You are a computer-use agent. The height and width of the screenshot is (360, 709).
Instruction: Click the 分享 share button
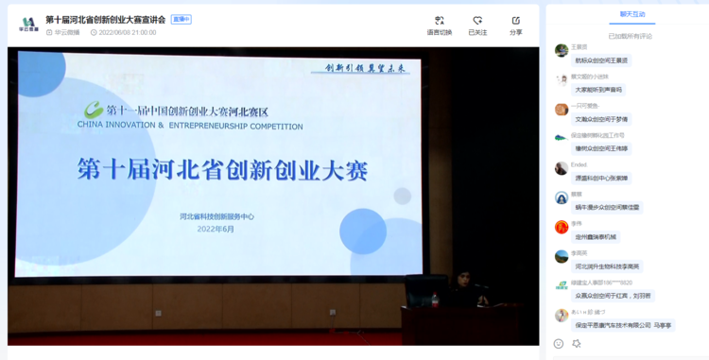pyautogui.click(x=515, y=26)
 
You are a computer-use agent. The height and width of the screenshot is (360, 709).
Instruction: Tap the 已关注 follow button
pyautogui.click(x=477, y=26)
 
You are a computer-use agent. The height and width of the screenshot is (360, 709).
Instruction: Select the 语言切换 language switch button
pyautogui.click(x=440, y=26)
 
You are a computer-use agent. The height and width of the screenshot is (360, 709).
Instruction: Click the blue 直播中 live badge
pyautogui.click(x=181, y=20)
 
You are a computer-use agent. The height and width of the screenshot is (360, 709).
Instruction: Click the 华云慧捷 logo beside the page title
pyautogui.click(x=28, y=24)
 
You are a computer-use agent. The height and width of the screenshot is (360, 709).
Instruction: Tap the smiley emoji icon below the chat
pyautogui.click(x=559, y=344)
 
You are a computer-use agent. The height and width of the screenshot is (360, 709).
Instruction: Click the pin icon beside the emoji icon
pyautogui.click(x=577, y=344)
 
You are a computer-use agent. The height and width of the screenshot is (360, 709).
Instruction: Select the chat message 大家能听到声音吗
pyautogui.click(x=599, y=90)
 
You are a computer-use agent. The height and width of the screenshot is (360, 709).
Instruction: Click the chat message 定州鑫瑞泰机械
pyautogui.click(x=596, y=236)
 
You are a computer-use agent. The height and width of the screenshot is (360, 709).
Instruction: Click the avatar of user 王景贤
pyautogui.click(x=562, y=51)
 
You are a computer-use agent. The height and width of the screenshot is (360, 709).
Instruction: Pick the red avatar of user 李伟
pyautogui.click(x=562, y=227)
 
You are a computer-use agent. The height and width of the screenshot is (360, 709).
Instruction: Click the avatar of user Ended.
pyautogui.click(x=562, y=168)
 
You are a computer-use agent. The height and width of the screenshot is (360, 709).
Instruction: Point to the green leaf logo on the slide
pyautogui.click(x=94, y=110)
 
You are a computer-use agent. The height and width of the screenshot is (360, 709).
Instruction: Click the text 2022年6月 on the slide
pyautogui.click(x=216, y=229)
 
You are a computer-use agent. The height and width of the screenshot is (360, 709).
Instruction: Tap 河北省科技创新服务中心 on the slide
pyautogui.click(x=216, y=216)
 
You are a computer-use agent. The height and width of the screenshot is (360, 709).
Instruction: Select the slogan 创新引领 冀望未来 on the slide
pyautogui.click(x=364, y=68)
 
